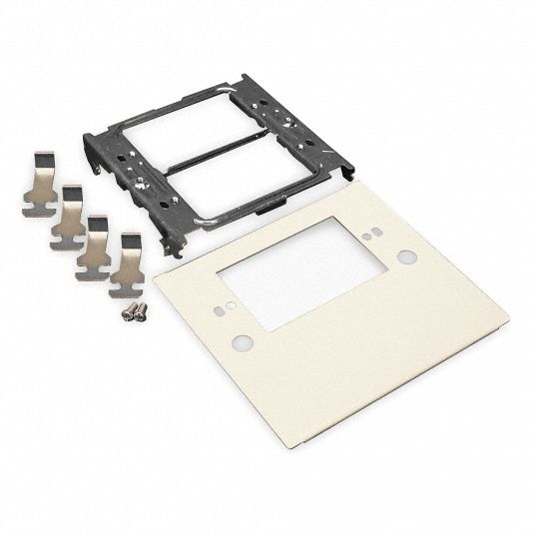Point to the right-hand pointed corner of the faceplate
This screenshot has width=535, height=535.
tap(507, 320)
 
